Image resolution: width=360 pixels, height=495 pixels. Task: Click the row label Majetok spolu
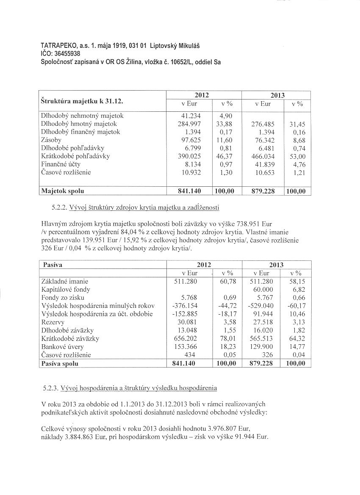62,191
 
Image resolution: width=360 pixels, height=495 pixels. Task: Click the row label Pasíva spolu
60,363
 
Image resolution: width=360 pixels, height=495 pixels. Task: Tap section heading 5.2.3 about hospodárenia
130,388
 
